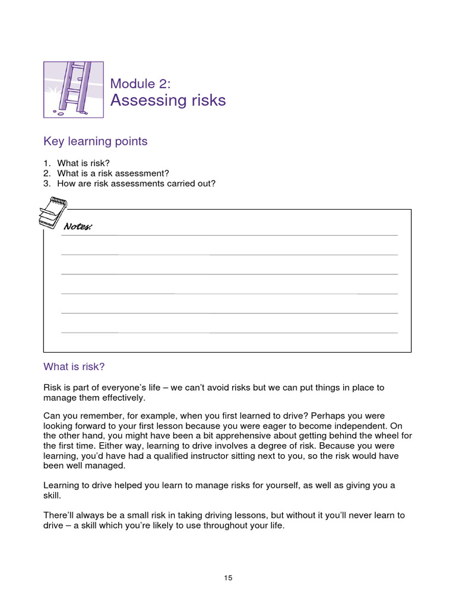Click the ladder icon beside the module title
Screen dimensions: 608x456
point(74,89)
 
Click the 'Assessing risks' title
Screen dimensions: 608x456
point(168,100)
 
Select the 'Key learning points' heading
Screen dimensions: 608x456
point(96,141)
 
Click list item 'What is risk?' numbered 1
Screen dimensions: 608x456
point(83,163)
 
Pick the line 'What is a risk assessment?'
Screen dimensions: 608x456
point(113,173)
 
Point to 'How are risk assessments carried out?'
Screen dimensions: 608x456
point(136,183)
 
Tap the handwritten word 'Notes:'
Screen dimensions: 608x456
point(78,227)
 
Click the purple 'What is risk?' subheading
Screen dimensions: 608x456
point(74,366)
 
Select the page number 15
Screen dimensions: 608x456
point(228,578)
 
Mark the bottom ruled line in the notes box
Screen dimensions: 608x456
point(229,332)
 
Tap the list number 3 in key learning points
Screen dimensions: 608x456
point(46,183)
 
